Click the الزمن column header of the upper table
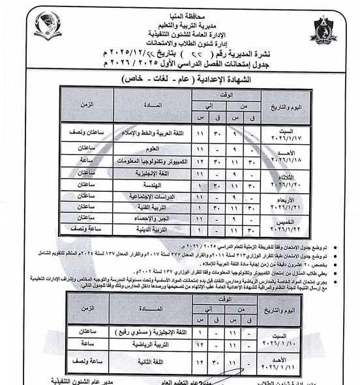pos(85,104)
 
